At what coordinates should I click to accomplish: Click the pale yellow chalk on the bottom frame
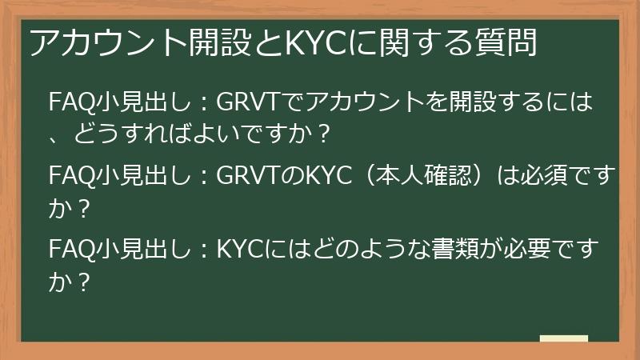[x=563, y=339]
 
